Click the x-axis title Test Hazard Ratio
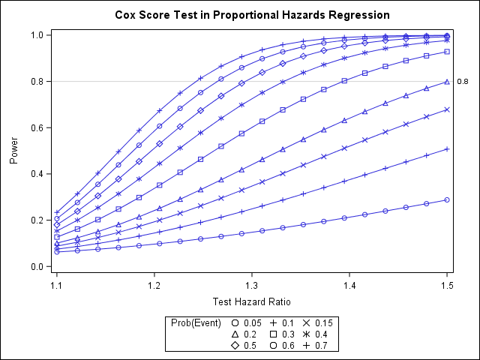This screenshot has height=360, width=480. [x=252, y=302]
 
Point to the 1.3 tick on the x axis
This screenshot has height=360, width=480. [x=252, y=286]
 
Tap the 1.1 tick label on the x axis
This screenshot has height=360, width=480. [x=57, y=286]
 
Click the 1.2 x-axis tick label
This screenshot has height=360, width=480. [x=154, y=286]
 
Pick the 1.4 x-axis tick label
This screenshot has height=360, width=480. [x=349, y=286]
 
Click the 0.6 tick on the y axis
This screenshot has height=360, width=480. [x=36, y=127]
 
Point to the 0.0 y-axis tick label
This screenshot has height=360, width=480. [x=36, y=266]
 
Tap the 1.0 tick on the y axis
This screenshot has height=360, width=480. [x=36, y=34]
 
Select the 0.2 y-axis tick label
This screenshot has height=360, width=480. [x=36, y=220]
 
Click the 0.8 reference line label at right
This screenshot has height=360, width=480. [x=463, y=82]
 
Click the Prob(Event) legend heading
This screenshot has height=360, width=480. [x=196, y=322]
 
